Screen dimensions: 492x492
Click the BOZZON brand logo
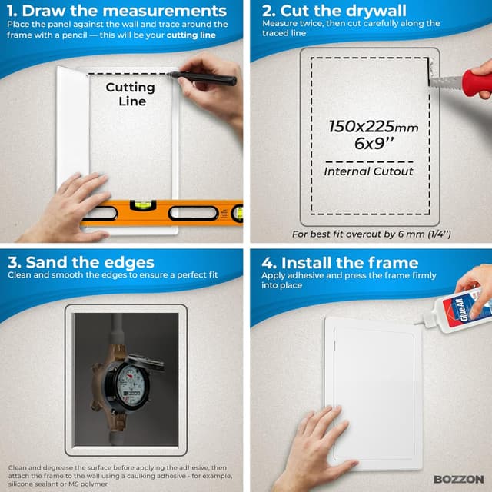click(458, 479)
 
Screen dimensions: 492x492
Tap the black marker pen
click(202, 78)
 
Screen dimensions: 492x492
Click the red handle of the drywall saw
click(476, 83)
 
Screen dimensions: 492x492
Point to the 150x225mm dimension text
click(374, 127)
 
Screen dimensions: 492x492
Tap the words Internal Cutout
click(368, 171)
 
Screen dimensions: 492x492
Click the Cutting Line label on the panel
click(130, 94)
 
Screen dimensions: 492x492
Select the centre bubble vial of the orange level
click(143, 205)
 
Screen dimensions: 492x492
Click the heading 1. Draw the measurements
click(116, 11)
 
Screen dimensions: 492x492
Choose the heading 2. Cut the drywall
click(334, 11)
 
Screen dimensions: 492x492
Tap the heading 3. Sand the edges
click(81, 262)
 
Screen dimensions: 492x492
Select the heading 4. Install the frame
click(340, 263)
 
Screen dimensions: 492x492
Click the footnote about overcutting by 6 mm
click(371, 234)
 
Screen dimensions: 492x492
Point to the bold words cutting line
click(191, 35)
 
